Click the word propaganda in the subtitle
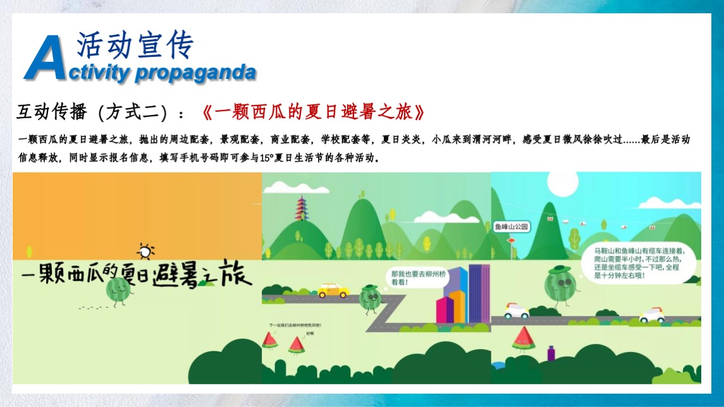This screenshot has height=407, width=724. tap(195, 73)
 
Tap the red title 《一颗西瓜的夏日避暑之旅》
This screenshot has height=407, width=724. tap(314, 113)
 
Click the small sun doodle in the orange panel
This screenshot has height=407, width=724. tap(145, 252)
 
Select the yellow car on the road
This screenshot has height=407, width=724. tap(333, 290)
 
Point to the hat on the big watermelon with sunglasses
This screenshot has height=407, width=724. tap(559, 270)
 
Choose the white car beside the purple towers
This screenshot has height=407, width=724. tap(652, 315)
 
